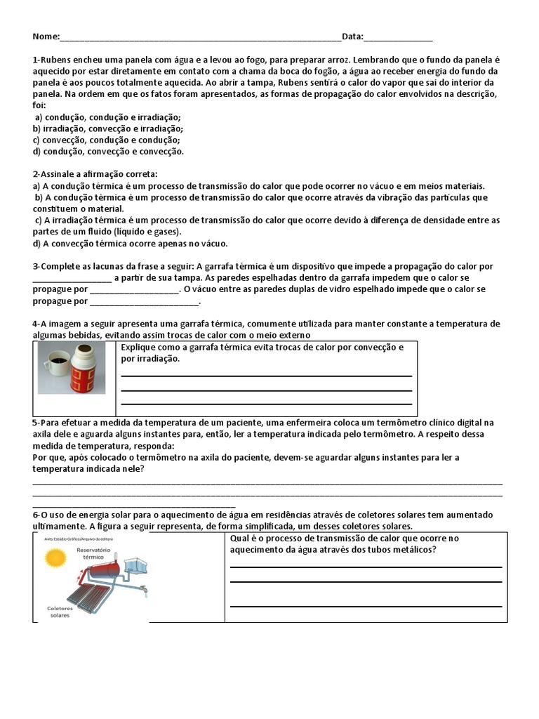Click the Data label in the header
point(352,37)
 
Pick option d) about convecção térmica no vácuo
point(130,243)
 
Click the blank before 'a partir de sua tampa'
point(72,277)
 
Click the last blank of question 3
point(145,301)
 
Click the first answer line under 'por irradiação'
point(266,376)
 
